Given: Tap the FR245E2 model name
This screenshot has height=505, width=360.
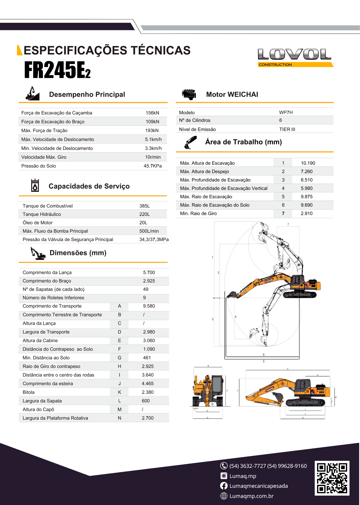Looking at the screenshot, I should click(57, 70).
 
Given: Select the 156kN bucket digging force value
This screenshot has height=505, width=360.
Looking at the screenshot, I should click(152, 113).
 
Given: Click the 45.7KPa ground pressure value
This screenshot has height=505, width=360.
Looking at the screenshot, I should click(153, 166).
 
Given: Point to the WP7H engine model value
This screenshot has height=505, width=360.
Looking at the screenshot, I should click(286, 112).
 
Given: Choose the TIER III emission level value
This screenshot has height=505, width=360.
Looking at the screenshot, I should click(287, 129).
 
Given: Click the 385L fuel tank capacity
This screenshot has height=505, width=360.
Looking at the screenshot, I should click(144, 206).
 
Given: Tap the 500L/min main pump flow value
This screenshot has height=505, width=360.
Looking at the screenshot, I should click(149, 231).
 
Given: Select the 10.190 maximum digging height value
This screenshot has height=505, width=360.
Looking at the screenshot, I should click(308, 163).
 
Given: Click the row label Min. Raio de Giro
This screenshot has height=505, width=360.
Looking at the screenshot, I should click(198, 213).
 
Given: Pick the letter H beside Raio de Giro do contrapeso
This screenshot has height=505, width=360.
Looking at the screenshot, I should click(120, 366).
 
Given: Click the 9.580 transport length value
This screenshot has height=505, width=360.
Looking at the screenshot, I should click(149, 306).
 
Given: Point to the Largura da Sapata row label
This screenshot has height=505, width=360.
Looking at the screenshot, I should click(42, 401).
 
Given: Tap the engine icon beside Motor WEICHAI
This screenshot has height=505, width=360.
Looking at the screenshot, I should click(189, 94).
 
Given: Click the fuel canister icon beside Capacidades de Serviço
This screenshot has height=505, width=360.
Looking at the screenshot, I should click(35, 185).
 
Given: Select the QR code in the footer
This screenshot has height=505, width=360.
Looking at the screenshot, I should click(332, 478).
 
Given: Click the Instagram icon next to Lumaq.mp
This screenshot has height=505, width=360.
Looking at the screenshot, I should click(224, 476).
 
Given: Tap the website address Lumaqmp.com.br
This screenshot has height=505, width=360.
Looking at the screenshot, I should click(251, 496).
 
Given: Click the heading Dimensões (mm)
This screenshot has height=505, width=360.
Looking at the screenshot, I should click(78, 253).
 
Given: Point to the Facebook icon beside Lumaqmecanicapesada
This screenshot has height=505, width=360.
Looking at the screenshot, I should click(224, 486).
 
